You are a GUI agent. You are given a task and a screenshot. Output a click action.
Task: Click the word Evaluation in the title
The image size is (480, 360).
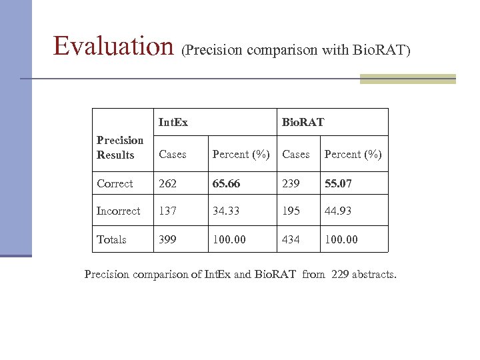[x=115, y=45]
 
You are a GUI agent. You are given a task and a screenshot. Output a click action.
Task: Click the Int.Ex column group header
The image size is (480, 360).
[x=173, y=122]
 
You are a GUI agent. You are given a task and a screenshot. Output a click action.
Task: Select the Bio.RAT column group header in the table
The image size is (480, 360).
[x=303, y=122]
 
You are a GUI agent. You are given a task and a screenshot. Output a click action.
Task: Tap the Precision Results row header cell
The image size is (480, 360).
[x=120, y=147]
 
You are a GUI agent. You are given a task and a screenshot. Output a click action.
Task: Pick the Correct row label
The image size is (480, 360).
[x=115, y=183]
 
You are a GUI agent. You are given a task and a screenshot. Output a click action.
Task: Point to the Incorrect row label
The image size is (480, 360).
[x=119, y=211]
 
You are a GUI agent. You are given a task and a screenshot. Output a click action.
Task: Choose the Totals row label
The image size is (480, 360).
[x=111, y=239]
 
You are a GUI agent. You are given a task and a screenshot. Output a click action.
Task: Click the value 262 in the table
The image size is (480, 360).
[x=167, y=183]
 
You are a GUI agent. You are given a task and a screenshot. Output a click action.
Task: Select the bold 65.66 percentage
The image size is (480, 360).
[x=227, y=183]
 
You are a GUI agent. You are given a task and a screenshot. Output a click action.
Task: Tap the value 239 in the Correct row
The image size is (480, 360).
[x=291, y=183]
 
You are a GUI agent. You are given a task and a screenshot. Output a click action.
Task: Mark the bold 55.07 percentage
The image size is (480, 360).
[x=339, y=183]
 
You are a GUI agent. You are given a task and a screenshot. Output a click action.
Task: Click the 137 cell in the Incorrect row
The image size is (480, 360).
[x=167, y=211]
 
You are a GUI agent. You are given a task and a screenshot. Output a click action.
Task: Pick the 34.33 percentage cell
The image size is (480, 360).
[x=226, y=211]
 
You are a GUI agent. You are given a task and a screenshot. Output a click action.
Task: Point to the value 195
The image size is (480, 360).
[x=291, y=211]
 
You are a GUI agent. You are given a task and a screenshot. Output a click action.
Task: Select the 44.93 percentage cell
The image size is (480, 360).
[x=339, y=211]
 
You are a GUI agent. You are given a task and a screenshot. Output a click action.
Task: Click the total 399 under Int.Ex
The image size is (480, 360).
[x=167, y=239]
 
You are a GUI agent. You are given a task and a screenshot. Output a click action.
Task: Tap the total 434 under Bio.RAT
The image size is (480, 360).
[x=291, y=239]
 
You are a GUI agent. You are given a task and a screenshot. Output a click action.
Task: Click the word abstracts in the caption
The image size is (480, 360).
[x=375, y=273]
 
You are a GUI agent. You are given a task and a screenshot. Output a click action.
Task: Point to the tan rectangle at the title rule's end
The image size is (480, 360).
[x=407, y=79]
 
